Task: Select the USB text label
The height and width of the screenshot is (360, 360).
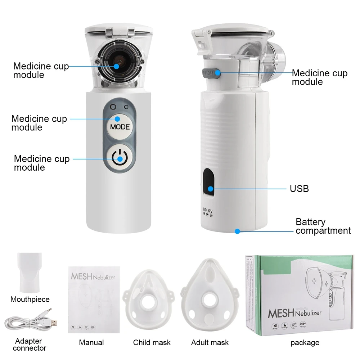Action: pos(299,188)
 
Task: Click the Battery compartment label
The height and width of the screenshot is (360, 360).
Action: pos(323,226)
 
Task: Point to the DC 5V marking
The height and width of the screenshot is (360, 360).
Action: pos(208,212)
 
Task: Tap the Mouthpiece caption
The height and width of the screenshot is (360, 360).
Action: pos(30,299)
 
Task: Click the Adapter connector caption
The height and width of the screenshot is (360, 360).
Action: pos(30,345)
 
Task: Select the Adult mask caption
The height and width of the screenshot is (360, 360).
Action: pos(210,342)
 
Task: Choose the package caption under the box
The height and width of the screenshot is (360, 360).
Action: pos(305,342)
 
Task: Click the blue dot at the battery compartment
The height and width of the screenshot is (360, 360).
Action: pos(237,231)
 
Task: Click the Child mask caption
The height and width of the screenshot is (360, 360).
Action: pos(152,342)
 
